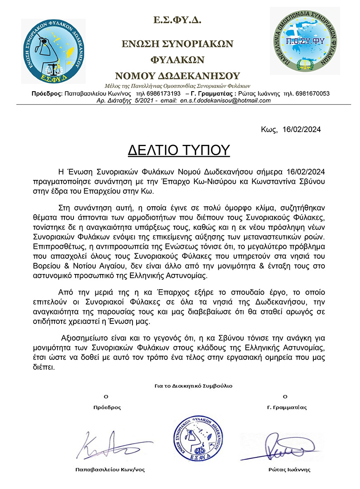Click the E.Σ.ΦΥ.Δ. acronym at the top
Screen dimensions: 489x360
click(x=177, y=19)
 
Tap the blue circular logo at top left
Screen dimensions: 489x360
click(x=53, y=51)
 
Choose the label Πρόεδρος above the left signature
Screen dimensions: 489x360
click(x=107, y=407)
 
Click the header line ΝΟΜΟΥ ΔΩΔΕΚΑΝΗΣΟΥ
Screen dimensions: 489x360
click(x=177, y=76)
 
